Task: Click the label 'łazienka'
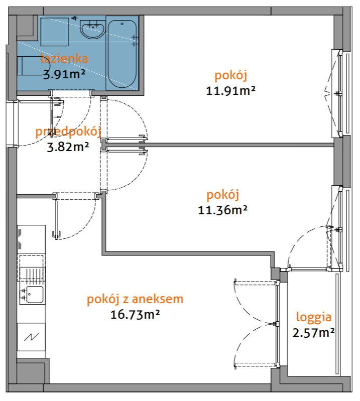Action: [64, 59]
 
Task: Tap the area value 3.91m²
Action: [64, 74]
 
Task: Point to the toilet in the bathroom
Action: [30, 66]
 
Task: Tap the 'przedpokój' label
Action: [68, 132]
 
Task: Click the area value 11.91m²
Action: [231, 91]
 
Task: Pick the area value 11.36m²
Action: [223, 210]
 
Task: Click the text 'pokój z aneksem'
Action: [135, 300]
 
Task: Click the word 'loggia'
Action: [313, 317]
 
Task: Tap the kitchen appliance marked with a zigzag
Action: [31, 337]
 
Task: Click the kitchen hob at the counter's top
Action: [31, 238]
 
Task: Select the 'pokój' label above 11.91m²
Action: [231, 76]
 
